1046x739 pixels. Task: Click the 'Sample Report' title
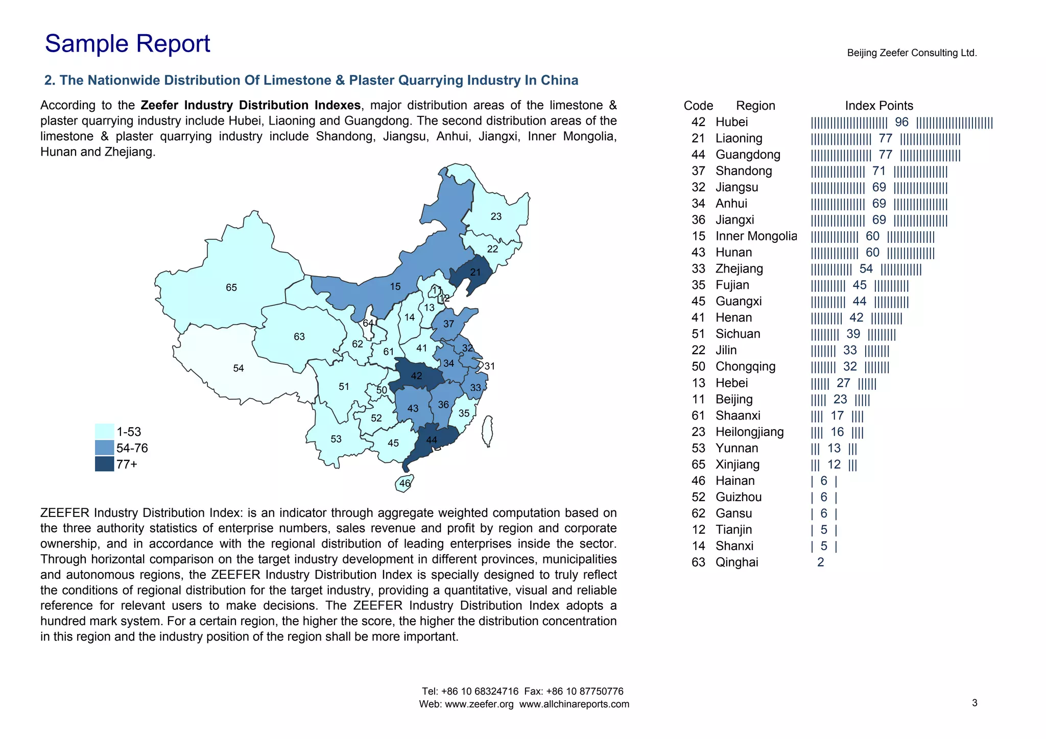pyautogui.click(x=127, y=44)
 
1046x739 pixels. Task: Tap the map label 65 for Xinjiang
pyautogui.click(x=231, y=288)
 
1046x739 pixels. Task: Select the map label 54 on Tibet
pyautogui.click(x=239, y=368)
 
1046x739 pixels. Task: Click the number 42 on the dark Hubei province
pyautogui.click(x=417, y=376)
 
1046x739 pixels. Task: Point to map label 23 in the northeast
pyautogui.click(x=496, y=217)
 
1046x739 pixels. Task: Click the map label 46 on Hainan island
pyautogui.click(x=405, y=483)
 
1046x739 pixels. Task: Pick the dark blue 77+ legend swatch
pyautogui.click(x=105, y=464)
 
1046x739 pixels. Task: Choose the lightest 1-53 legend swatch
pyautogui.click(x=105, y=431)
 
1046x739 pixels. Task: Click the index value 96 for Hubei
pyautogui.click(x=902, y=122)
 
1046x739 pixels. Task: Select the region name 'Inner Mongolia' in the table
pyautogui.click(x=756, y=236)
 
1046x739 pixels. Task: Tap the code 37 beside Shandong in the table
pyautogui.click(x=698, y=171)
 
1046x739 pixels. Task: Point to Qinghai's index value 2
pyautogui.click(x=821, y=562)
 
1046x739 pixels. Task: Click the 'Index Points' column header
pyautogui.click(x=879, y=106)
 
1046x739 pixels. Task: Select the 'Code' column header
pyautogui.click(x=698, y=106)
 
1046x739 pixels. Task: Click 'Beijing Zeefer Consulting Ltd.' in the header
pyautogui.click(x=912, y=53)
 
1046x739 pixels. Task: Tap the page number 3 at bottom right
pyautogui.click(x=974, y=703)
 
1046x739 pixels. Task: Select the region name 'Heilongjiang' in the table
pyautogui.click(x=749, y=432)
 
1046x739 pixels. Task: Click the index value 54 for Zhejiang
pyautogui.click(x=866, y=269)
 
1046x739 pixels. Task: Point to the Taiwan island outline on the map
pyautogui.click(x=488, y=431)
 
